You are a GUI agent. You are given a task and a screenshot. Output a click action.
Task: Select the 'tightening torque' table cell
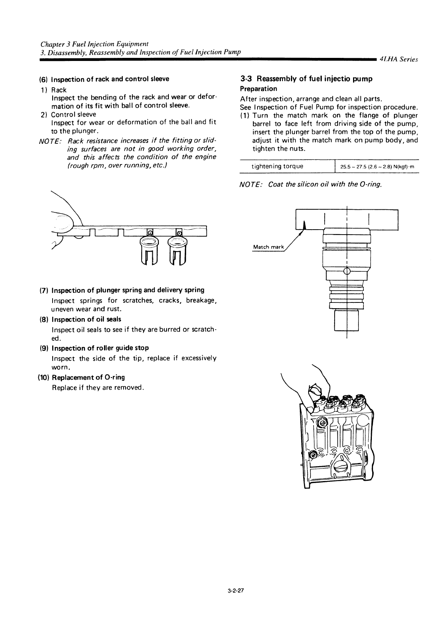277,166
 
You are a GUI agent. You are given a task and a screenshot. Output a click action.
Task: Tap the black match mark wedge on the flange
304,225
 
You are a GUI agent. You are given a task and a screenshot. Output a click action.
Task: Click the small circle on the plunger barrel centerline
347,272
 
